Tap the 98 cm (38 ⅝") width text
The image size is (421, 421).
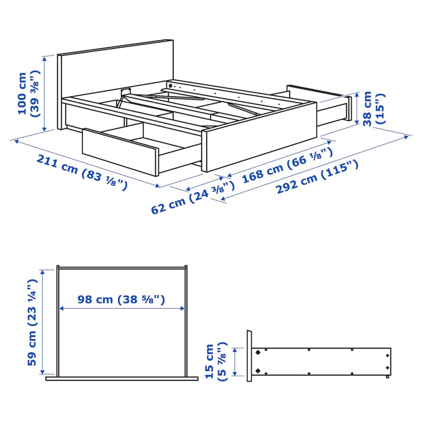121,299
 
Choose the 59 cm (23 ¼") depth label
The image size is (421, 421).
32,322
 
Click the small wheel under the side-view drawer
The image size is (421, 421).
387,378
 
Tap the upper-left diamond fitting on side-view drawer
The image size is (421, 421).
258,352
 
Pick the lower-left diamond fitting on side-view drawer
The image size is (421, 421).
258,371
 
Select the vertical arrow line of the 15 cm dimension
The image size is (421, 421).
235,361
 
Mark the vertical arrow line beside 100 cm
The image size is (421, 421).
44,93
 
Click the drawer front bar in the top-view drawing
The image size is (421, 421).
122,378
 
